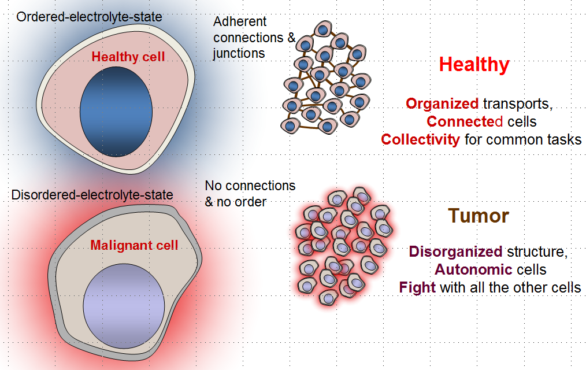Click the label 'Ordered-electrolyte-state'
coord(90,17)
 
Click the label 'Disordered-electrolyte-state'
coord(92,195)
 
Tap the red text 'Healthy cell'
coord(128,57)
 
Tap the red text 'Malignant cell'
coord(134,245)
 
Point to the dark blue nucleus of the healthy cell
coord(116,112)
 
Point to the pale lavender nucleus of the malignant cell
coord(124,306)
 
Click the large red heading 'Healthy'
coord(474,65)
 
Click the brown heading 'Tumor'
coord(479,216)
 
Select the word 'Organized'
coord(442,103)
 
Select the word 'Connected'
coord(465,121)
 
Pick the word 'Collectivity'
coord(421,139)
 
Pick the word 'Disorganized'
coord(455,251)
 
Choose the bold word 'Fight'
coord(417,287)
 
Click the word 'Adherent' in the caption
coord(240,21)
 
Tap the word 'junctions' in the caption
coord(239,53)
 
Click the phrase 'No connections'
coord(250,186)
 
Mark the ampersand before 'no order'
coord(209,202)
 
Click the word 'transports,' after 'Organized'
coord(518,104)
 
